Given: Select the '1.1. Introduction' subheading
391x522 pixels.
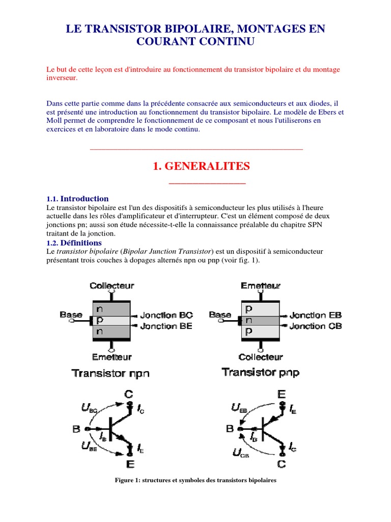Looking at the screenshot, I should point(77,199).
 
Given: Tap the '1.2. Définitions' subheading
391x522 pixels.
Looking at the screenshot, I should point(74,243).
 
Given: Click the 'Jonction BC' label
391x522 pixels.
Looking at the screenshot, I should point(166,316).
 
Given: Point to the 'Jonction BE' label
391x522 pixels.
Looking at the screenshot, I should point(166,326).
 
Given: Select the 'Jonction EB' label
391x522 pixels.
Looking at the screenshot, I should point(316,316).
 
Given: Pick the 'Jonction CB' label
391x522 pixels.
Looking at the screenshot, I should point(316,326).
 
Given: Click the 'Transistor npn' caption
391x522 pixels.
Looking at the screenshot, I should point(111,373).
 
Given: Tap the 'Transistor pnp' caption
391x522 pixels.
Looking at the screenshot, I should point(261,373).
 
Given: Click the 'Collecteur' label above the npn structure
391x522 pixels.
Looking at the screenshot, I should point(112,286).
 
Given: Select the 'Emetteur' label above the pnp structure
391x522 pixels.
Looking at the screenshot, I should point(261,286).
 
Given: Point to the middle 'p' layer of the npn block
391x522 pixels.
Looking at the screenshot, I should point(100,321).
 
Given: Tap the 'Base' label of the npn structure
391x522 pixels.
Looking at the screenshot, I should point(71,315).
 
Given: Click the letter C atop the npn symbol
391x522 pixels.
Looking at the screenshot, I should point(129,394).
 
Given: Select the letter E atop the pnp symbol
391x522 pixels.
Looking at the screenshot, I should point(282,394).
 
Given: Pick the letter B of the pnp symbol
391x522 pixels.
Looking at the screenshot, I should point(230,429).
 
